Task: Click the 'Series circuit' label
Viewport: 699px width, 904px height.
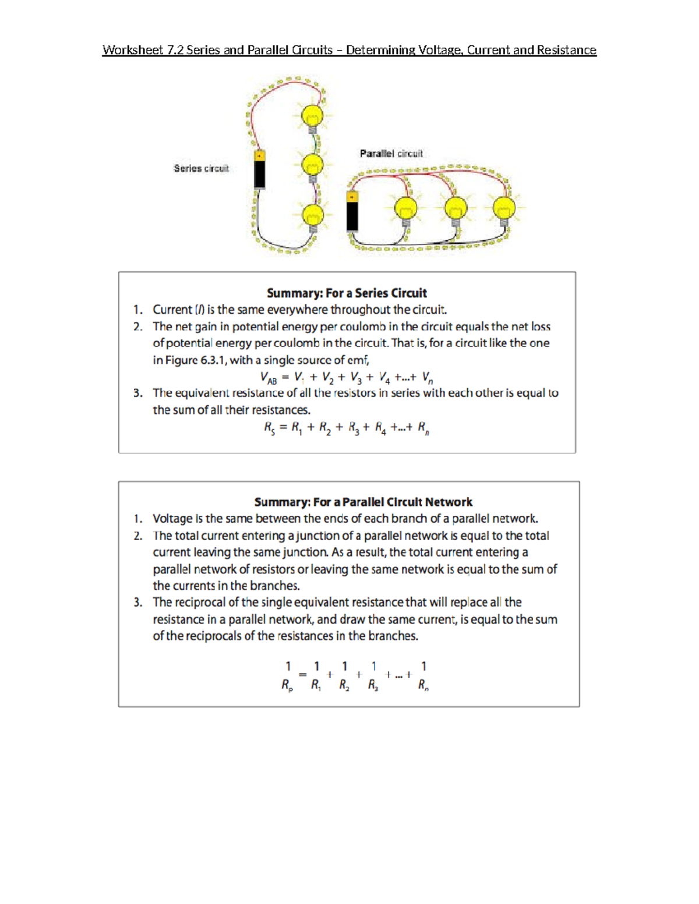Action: click(x=201, y=168)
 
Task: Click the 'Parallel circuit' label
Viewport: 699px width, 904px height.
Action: click(x=391, y=154)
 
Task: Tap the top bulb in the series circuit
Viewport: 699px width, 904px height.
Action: click(x=312, y=116)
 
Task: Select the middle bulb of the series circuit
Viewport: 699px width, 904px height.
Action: click(x=312, y=166)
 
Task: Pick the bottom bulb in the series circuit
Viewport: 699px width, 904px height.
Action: click(x=313, y=216)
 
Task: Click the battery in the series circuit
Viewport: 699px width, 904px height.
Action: click(x=260, y=169)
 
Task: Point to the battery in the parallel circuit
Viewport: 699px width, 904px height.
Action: click(x=352, y=212)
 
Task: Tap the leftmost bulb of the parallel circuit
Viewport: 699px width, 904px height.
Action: click(x=406, y=208)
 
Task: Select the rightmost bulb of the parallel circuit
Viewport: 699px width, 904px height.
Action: click(x=504, y=208)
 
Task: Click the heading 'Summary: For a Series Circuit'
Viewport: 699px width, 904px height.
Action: click(x=347, y=293)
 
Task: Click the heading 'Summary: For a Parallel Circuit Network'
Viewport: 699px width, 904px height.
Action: click(x=363, y=502)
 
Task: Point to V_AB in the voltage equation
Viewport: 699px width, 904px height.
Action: click(x=269, y=378)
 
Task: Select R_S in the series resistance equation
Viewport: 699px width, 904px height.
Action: click(x=269, y=428)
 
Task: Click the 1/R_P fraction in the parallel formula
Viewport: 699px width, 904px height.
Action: click(x=287, y=675)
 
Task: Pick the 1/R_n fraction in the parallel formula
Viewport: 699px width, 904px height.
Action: click(x=423, y=675)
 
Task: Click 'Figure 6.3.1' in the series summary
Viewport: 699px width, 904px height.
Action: click(x=192, y=360)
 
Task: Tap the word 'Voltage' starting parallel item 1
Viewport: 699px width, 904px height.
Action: click(x=172, y=519)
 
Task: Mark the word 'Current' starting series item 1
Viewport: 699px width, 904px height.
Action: click(x=172, y=310)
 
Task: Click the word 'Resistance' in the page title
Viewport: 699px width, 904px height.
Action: click(x=566, y=50)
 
